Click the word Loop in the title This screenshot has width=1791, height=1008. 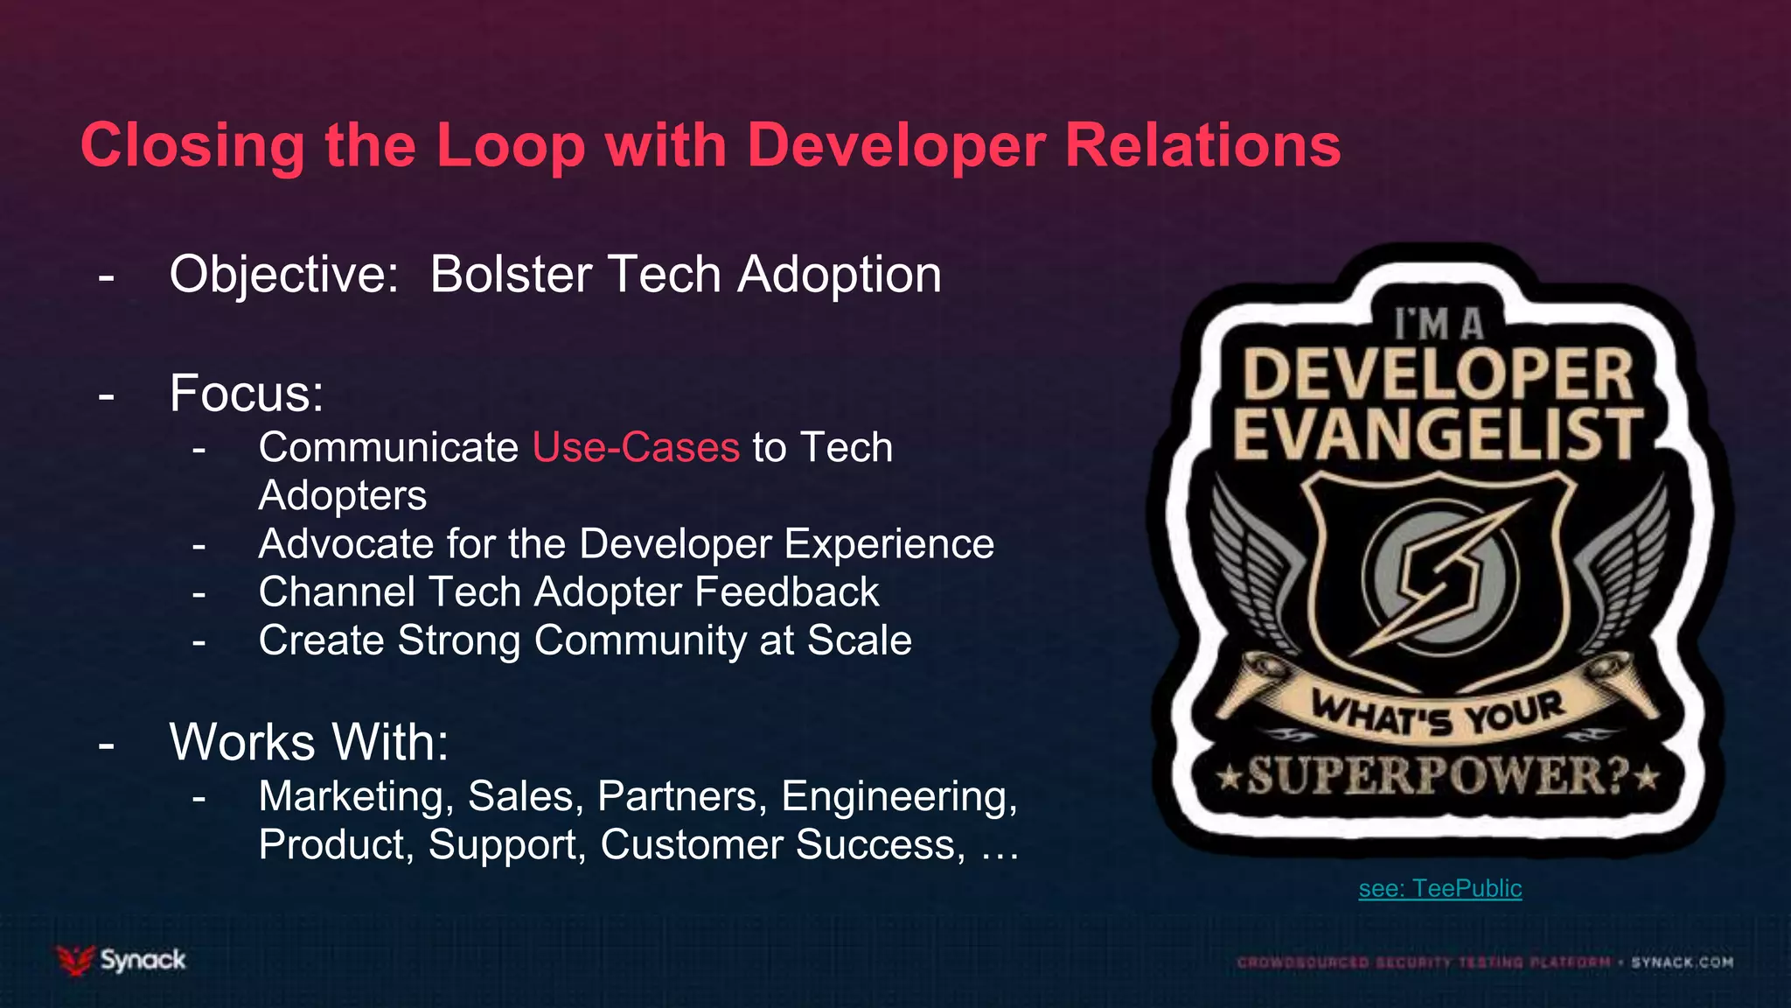tap(510, 145)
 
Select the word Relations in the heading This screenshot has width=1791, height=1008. tap(1202, 145)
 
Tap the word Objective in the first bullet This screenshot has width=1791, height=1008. tap(282, 275)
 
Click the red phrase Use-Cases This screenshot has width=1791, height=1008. tap(636, 448)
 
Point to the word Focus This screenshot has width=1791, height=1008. tap(246, 393)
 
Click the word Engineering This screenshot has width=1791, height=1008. tap(899, 796)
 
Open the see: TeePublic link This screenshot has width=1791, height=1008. tap(1439, 888)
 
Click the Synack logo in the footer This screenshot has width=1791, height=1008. tap(122, 960)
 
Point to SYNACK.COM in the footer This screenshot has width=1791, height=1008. tap(1682, 962)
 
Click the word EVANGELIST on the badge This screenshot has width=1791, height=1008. tap(1438, 433)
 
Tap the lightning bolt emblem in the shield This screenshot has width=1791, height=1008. tap(1439, 577)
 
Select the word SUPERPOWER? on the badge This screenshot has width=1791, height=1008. tap(1438, 775)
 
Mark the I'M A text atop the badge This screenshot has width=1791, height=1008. tap(1439, 325)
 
